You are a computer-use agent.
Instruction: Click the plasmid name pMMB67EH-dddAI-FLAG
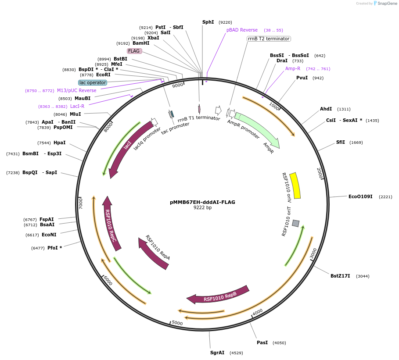click(202, 202)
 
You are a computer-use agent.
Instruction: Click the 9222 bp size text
click(202, 207)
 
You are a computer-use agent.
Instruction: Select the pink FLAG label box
click(134, 51)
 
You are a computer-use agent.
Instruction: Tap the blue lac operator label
click(93, 82)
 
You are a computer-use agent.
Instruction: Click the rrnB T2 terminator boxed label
click(269, 39)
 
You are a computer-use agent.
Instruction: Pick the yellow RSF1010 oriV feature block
click(295, 185)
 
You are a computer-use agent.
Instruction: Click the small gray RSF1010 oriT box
click(296, 223)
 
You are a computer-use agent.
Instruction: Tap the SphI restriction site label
click(208, 22)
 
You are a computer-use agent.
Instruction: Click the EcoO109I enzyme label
click(360, 196)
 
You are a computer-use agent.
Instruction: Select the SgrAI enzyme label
click(217, 353)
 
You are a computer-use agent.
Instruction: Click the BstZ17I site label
click(340, 276)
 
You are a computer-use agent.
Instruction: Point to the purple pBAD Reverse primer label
click(242, 30)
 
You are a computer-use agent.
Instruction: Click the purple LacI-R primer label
click(77, 106)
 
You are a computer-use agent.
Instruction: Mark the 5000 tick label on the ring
click(177, 323)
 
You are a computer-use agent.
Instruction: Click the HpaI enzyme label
click(59, 143)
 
